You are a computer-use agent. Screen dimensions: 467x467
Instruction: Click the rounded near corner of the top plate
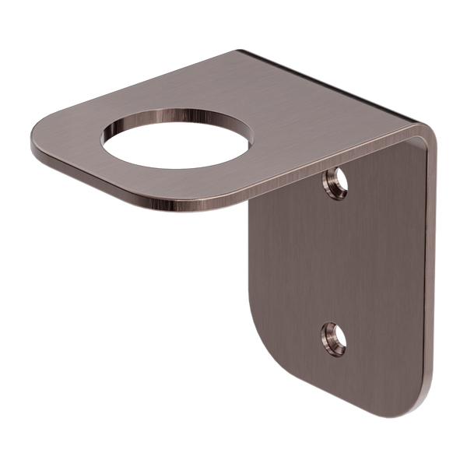(x=226, y=204)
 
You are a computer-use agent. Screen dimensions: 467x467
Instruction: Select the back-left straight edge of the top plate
(x=140, y=86)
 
